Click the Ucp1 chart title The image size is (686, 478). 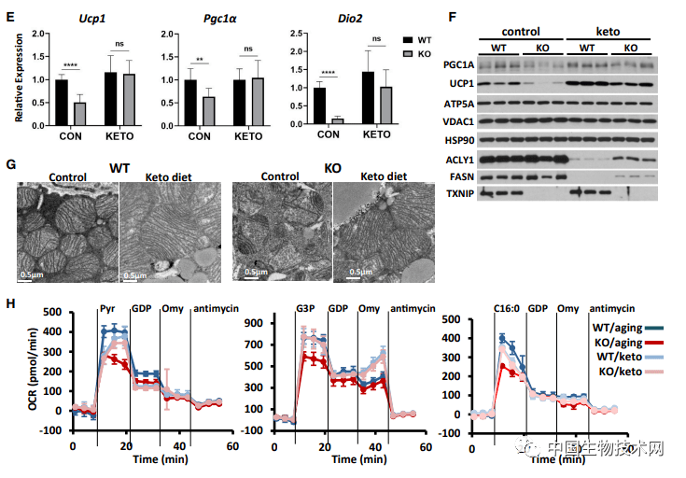[x=91, y=19]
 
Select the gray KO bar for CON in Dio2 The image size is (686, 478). [x=338, y=121]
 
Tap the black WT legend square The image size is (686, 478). [x=408, y=40]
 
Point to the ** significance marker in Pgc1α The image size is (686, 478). [x=200, y=60]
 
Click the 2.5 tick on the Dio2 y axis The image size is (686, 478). [x=296, y=34]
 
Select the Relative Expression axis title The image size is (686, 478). [x=19, y=77]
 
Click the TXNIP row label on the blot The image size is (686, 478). [x=460, y=193]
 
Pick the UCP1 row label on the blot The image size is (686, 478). [x=462, y=84]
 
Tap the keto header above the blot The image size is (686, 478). [x=608, y=32]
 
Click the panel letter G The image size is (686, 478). [x=11, y=165]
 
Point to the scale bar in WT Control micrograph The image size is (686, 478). [x=25, y=280]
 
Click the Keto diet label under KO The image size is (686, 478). [x=384, y=176]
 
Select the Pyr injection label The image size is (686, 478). [x=107, y=308]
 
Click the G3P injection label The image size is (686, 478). [x=305, y=308]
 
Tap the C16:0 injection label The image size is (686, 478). [x=507, y=308]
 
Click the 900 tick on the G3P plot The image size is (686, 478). [x=253, y=323]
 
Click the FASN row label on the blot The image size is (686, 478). [x=462, y=176]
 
